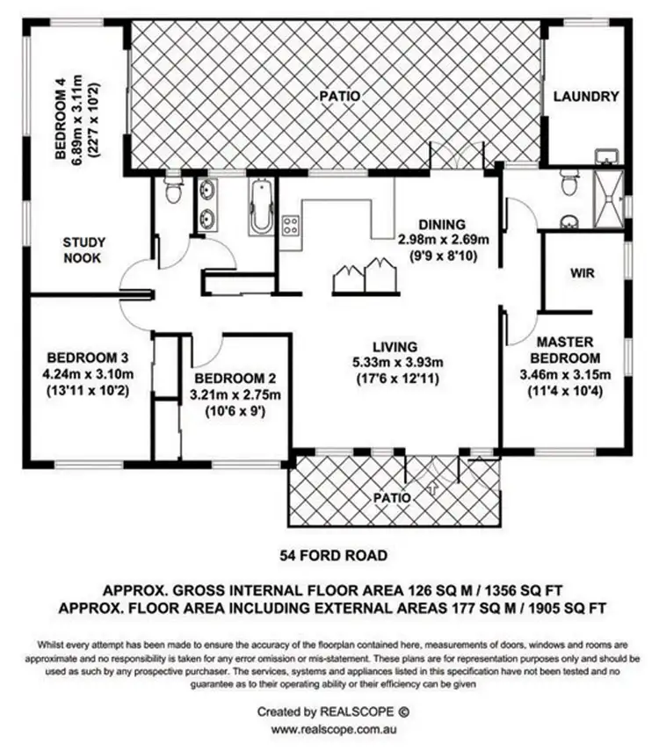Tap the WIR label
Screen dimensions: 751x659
583,273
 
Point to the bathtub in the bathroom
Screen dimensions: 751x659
261,207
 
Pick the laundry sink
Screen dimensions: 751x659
605,157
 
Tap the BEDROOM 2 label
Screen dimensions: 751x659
235,379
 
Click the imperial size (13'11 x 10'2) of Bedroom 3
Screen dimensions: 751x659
88,389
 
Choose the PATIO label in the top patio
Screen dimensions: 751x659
338,96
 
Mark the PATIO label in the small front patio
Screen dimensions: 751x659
392,497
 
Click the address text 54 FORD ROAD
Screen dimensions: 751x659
333,555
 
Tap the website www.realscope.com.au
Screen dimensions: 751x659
332,729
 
